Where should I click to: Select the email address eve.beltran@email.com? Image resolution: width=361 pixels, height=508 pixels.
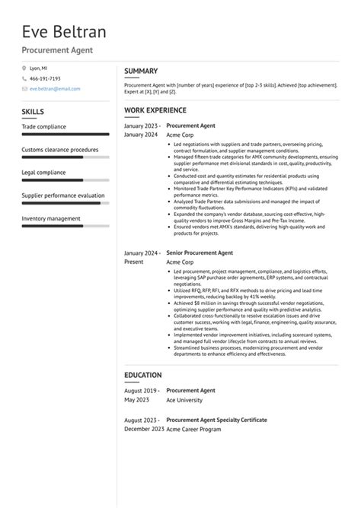(55, 88)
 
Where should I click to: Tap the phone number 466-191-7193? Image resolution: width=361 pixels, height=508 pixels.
(45, 78)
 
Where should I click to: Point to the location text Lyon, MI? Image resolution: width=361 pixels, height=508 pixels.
(39, 68)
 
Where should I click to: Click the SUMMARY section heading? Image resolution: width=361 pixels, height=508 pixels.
(141, 71)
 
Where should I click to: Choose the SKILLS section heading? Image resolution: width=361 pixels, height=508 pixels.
(33, 112)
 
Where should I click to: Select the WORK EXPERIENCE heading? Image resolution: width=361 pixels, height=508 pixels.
(155, 110)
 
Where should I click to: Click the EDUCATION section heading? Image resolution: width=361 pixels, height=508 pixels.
(143, 375)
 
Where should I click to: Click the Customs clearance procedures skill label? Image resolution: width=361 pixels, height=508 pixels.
(60, 150)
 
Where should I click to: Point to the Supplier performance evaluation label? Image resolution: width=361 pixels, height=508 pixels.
(63, 195)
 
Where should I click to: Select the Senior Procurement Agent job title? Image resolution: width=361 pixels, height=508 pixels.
(200, 252)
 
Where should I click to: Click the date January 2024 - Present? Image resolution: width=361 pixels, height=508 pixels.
(142, 257)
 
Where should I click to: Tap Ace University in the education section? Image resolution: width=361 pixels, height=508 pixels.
(185, 400)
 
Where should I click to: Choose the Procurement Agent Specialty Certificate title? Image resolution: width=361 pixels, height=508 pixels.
(216, 419)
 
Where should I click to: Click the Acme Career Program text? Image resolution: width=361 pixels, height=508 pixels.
(193, 429)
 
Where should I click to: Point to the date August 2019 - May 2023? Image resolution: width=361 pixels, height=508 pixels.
(142, 395)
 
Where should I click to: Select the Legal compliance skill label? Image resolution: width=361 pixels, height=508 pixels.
(43, 173)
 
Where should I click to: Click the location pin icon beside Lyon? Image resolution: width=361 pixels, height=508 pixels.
(24, 68)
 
